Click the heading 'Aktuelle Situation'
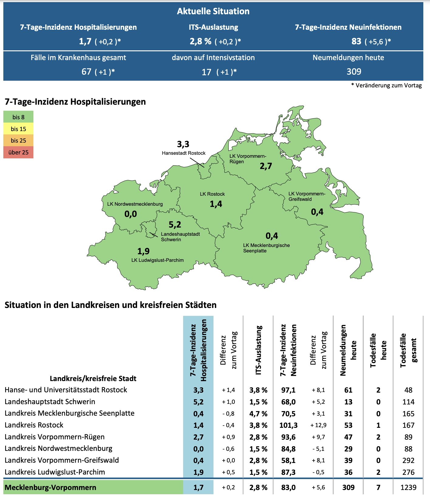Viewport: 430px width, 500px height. pyautogui.click(x=213, y=11)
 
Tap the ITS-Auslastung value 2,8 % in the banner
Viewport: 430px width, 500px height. pyautogui.click(x=200, y=41)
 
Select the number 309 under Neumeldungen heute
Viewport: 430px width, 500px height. pyautogui.click(x=354, y=72)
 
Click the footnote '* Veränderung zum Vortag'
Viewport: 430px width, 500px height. pyautogui.click(x=386, y=86)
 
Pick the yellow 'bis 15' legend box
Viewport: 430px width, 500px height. pyautogui.click(x=18, y=129)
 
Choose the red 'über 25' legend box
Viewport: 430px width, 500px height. pyautogui.click(x=18, y=152)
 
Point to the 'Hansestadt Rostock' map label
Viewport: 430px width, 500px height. pyautogui.click(x=183, y=153)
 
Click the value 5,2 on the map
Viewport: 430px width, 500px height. pyautogui.click(x=175, y=225)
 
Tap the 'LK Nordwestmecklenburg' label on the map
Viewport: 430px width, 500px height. pyautogui.click(x=135, y=204)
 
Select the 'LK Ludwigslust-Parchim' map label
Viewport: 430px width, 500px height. pyautogui.click(x=157, y=260)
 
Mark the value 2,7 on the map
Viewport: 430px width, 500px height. pyautogui.click(x=266, y=166)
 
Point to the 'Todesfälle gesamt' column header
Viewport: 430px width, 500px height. pyautogui.click(x=408, y=350)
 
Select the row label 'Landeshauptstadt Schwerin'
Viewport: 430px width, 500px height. pyautogui.click(x=50, y=402)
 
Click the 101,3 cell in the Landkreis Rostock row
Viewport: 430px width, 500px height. pyautogui.click(x=288, y=425)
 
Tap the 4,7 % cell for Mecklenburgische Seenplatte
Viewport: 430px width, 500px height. pyautogui.click(x=258, y=414)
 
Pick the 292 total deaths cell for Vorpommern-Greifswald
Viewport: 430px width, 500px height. pyautogui.click(x=408, y=461)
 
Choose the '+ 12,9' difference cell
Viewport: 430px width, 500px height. pyautogui.click(x=318, y=425)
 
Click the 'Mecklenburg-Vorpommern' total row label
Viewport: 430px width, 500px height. pyautogui.click(x=50, y=488)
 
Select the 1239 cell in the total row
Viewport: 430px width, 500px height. pyautogui.click(x=408, y=488)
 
